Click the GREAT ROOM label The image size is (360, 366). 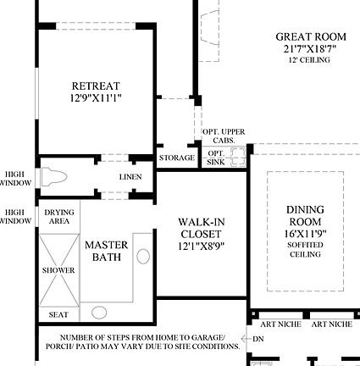[311, 37]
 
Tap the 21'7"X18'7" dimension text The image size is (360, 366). [311, 49]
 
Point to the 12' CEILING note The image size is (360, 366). [311, 60]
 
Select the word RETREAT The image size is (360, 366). [96, 86]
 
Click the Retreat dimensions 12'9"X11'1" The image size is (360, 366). [96, 98]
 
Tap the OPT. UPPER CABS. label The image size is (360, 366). [224, 136]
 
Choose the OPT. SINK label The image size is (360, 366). [215, 158]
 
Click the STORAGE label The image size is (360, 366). [176, 158]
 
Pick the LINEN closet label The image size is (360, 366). [130, 177]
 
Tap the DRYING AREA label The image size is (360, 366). [59, 217]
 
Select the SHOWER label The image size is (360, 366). [58, 271]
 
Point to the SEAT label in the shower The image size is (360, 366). [58, 315]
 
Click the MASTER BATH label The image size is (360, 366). [107, 251]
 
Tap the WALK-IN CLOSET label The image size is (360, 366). [201, 229]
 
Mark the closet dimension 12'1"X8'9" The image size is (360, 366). [201, 247]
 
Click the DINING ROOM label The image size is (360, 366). [305, 216]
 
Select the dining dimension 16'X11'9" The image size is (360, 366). [305, 233]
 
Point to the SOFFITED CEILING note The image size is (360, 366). [305, 250]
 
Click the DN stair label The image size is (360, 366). [258, 339]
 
